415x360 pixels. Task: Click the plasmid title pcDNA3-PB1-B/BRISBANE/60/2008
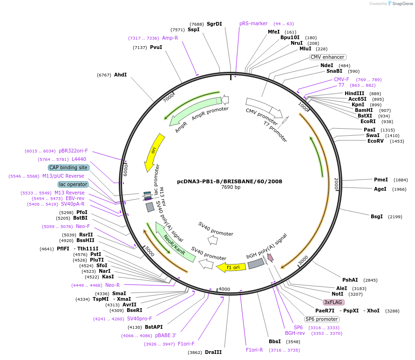(x=229, y=181)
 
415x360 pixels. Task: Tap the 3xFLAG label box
(x=333, y=302)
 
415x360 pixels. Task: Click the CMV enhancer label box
(x=327, y=57)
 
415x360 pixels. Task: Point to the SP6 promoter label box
(x=321, y=319)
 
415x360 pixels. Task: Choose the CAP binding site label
(x=68, y=167)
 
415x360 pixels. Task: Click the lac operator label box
(x=73, y=184)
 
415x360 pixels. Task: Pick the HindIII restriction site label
(x=354, y=94)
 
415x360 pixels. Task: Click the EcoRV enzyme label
(x=375, y=141)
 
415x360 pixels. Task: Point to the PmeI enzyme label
(x=381, y=180)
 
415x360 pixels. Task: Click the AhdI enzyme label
(x=120, y=75)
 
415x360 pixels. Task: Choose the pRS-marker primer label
(x=253, y=23)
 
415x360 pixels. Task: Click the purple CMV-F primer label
(x=341, y=79)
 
